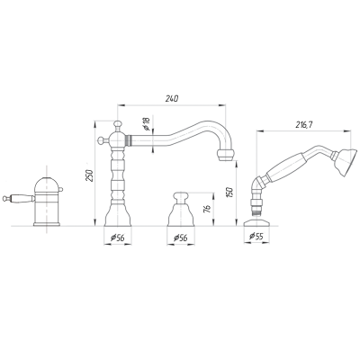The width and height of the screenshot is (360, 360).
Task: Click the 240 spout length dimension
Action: pyautogui.click(x=172, y=99)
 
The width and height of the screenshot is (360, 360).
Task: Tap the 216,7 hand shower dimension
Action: pyautogui.click(x=303, y=124)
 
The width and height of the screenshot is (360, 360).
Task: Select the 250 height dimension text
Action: pyautogui.click(x=89, y=175)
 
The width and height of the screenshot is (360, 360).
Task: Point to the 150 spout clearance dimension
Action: pyautogui.click(x=229, y=193)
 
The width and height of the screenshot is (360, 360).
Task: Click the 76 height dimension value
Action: pyautogui.click(x=208, y=209)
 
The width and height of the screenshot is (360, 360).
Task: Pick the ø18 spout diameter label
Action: pyautogui.click(x=147, y=123)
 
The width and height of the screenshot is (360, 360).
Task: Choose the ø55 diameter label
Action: pyautogui.click(x=256, y=237)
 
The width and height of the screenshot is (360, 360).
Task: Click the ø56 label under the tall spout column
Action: pyautogui.click(x=118, y=238)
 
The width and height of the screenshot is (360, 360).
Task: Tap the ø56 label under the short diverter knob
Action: pyautogui.click(x=181, y=238)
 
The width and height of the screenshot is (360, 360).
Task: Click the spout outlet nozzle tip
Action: pyautogui.click(x=225, y=155)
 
